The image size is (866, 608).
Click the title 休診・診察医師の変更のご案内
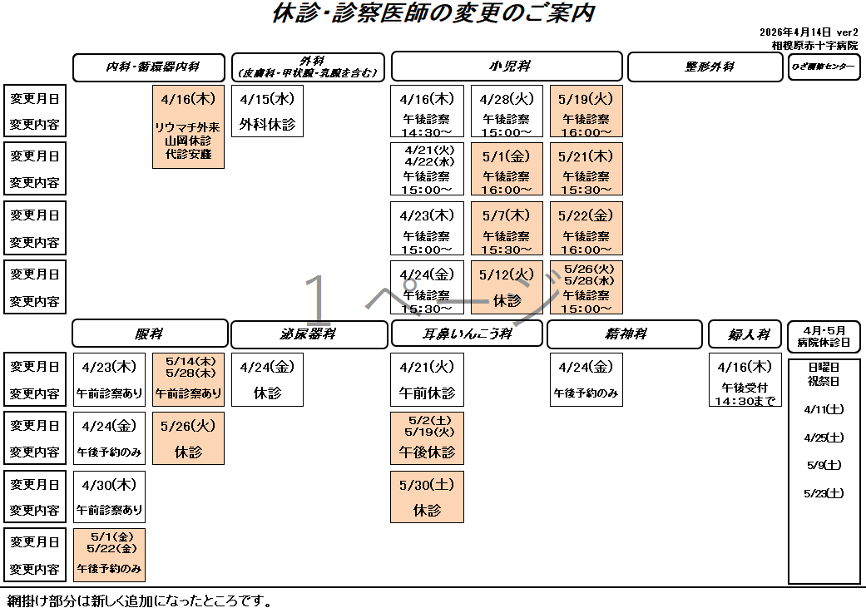tap(433, 14)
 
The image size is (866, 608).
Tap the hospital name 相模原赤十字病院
tap(814, 46)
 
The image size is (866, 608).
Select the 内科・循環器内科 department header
tap(149, 67)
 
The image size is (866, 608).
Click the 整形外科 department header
tap(705, 67)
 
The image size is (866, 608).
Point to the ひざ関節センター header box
tap(824, 67)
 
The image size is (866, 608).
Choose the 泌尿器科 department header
tap(308, 334)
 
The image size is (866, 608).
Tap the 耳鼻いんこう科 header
tap(467, 334)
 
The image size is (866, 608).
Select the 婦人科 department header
tap(745, 334)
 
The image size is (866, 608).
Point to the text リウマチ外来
tap(188, 127)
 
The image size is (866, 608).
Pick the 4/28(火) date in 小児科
tap(507, 99)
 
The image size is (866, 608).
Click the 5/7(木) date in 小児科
tap(507, 215)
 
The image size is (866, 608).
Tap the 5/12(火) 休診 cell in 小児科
tap(507, 287)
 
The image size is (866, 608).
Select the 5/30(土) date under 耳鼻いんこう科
tap(427, 484)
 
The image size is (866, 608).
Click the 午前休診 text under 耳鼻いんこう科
tap(427, 393)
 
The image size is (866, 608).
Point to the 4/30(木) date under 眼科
tap(109, 484)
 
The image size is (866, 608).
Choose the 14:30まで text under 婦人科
tap(745, 401)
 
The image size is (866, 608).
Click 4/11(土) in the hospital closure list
tap(824, 409)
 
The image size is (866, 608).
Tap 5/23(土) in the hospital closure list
tap(824, 493)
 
